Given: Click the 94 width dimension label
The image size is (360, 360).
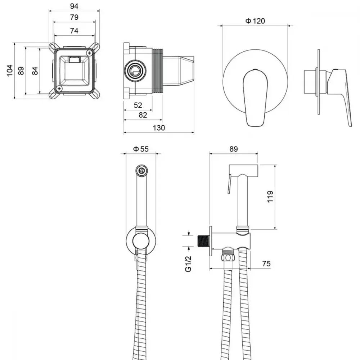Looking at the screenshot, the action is (74, 6).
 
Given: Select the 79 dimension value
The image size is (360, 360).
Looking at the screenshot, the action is (74, 17).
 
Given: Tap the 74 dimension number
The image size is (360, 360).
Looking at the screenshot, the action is (74, 31).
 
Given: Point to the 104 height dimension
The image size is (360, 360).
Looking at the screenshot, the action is (10, 71).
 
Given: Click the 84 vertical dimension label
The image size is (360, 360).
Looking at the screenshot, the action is (35, 71).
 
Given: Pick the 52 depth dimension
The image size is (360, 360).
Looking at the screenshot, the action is (138, 105).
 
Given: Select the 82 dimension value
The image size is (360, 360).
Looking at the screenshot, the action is (143, 115).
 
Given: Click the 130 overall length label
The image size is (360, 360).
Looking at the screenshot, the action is (159, 128).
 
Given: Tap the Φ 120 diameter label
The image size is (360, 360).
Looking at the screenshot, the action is (255, 21).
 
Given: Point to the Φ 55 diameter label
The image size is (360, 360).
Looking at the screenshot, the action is (141, 149).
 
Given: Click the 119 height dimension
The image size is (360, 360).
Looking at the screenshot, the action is (270, 197).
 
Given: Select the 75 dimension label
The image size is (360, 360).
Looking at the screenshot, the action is (266, 264).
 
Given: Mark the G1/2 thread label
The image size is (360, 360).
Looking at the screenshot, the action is (188, 264).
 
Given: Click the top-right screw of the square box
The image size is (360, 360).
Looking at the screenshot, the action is (89, 53).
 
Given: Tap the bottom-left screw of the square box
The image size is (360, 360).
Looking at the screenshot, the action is (59, 89).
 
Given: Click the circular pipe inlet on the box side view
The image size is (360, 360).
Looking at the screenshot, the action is (135, 71).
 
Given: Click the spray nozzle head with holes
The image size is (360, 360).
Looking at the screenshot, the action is (141, 171).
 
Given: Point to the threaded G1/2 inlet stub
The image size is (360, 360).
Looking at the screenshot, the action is (203, 240).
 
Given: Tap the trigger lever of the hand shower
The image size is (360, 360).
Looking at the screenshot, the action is (229, 184).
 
